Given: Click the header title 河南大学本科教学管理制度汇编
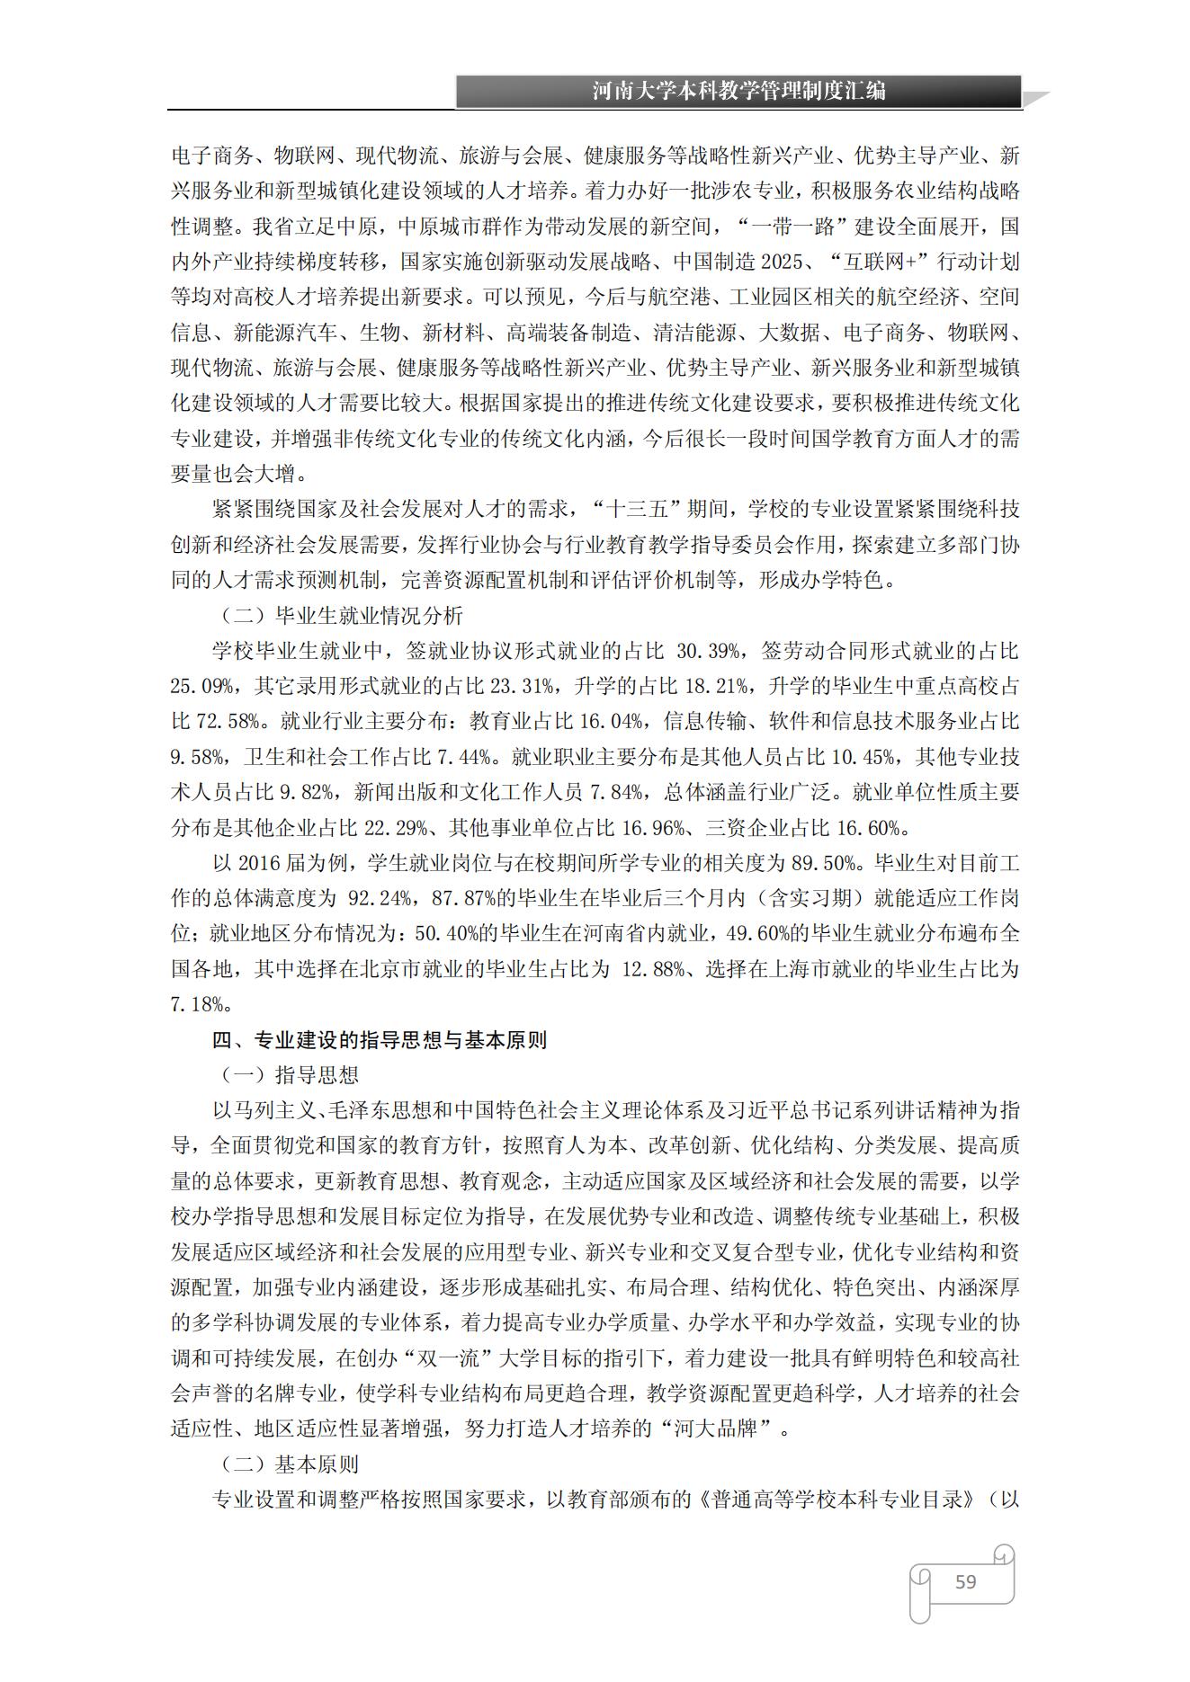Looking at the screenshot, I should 738,91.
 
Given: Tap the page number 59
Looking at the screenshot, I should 965,1581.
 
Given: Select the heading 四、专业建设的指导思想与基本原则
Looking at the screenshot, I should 380,1040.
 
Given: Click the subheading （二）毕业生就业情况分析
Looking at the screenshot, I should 342,616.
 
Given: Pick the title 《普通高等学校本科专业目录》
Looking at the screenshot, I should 837,1500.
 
